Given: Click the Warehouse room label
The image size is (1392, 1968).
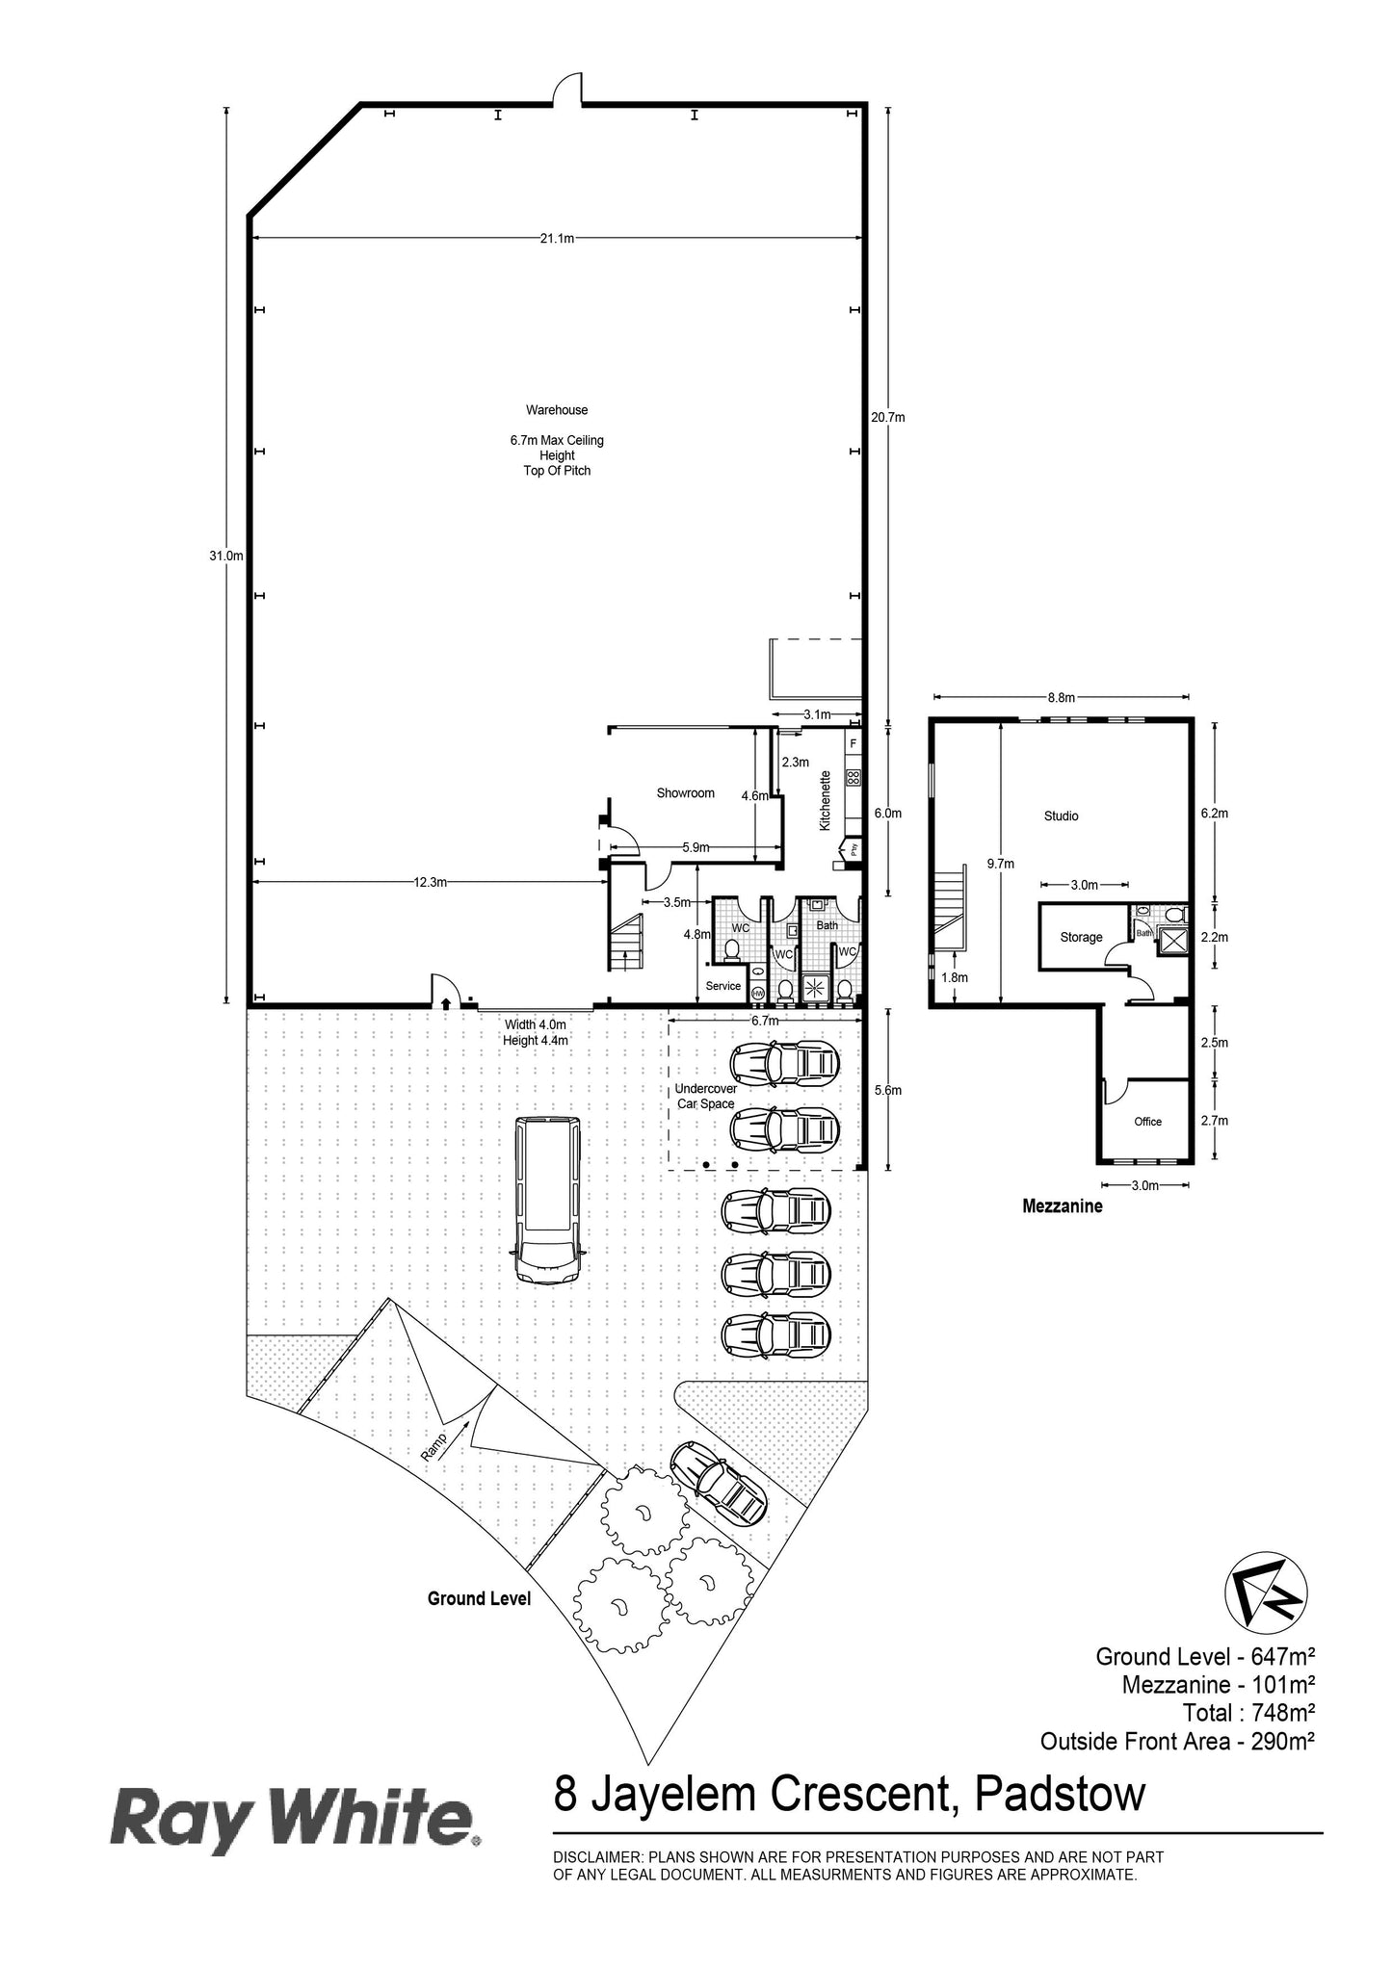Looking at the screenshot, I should pyautogui.click(x=557, y=410).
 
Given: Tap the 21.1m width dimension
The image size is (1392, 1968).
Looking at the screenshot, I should pyautogui.click(x=556, y=239).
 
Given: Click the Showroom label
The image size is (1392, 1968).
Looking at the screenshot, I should pyautogui.click(x=685, y=793).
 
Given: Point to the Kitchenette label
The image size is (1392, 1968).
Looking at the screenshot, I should pyautogui.click(x=825, y=801).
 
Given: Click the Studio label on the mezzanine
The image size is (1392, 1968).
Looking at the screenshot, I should pyautogui.click(x=1061, y=816).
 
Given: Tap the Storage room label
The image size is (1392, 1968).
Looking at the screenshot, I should pyautogui.click(x=1081, y=938).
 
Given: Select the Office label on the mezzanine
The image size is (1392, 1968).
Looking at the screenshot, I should pyautogui.click(x=1147, y=1122).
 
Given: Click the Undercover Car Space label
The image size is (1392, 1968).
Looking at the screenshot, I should pyautogui.click(x=705, y=1097).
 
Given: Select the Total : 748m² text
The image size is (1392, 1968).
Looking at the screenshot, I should pyautogui.click(x=1248, y=1713).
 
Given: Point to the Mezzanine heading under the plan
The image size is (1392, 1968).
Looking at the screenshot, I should pyautogui.click(x=1062, y=1205).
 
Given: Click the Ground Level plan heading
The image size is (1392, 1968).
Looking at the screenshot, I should pyautogui.click(x=479, y=1599).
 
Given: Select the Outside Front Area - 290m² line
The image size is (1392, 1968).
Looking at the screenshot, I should pyautogui.click(x=1177, y=1741).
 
